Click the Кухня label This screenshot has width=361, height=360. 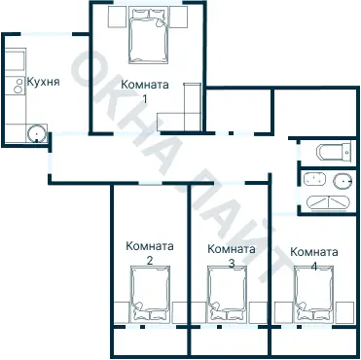pos(44,82)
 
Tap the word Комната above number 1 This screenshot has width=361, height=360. pos(144,85)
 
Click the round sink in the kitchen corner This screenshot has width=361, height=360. pos(36,133)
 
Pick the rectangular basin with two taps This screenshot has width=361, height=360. pos(313,180)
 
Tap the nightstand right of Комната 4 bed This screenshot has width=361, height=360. pos(345,309)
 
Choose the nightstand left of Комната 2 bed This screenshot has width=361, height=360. pos(122,309)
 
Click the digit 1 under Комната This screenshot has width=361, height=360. pos(145,98)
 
